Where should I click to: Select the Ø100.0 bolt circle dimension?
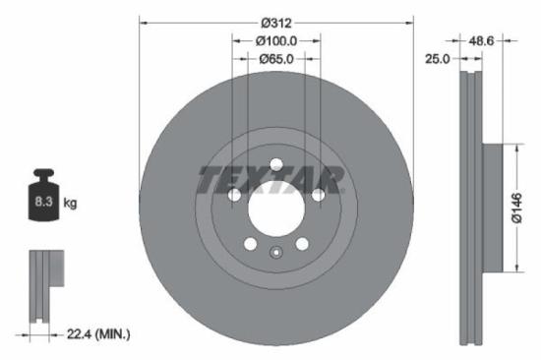pyautogui.click(x=276, y=41)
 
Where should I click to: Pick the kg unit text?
pyautogui.click(x=70, y=203)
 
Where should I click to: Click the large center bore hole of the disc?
pyautogui.click(x=276, y=208)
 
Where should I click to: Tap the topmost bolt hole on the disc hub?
pyautogui.click(x=276, y=163)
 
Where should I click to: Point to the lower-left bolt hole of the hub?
pyautogui.click(x=251, y=243)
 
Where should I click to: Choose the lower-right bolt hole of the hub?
pyautogui.click(x=302, y=243)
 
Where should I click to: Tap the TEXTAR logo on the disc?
pyautogui.click(x=271, y=180)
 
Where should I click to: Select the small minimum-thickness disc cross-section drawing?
pyautogui.click(x=40, y=284)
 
